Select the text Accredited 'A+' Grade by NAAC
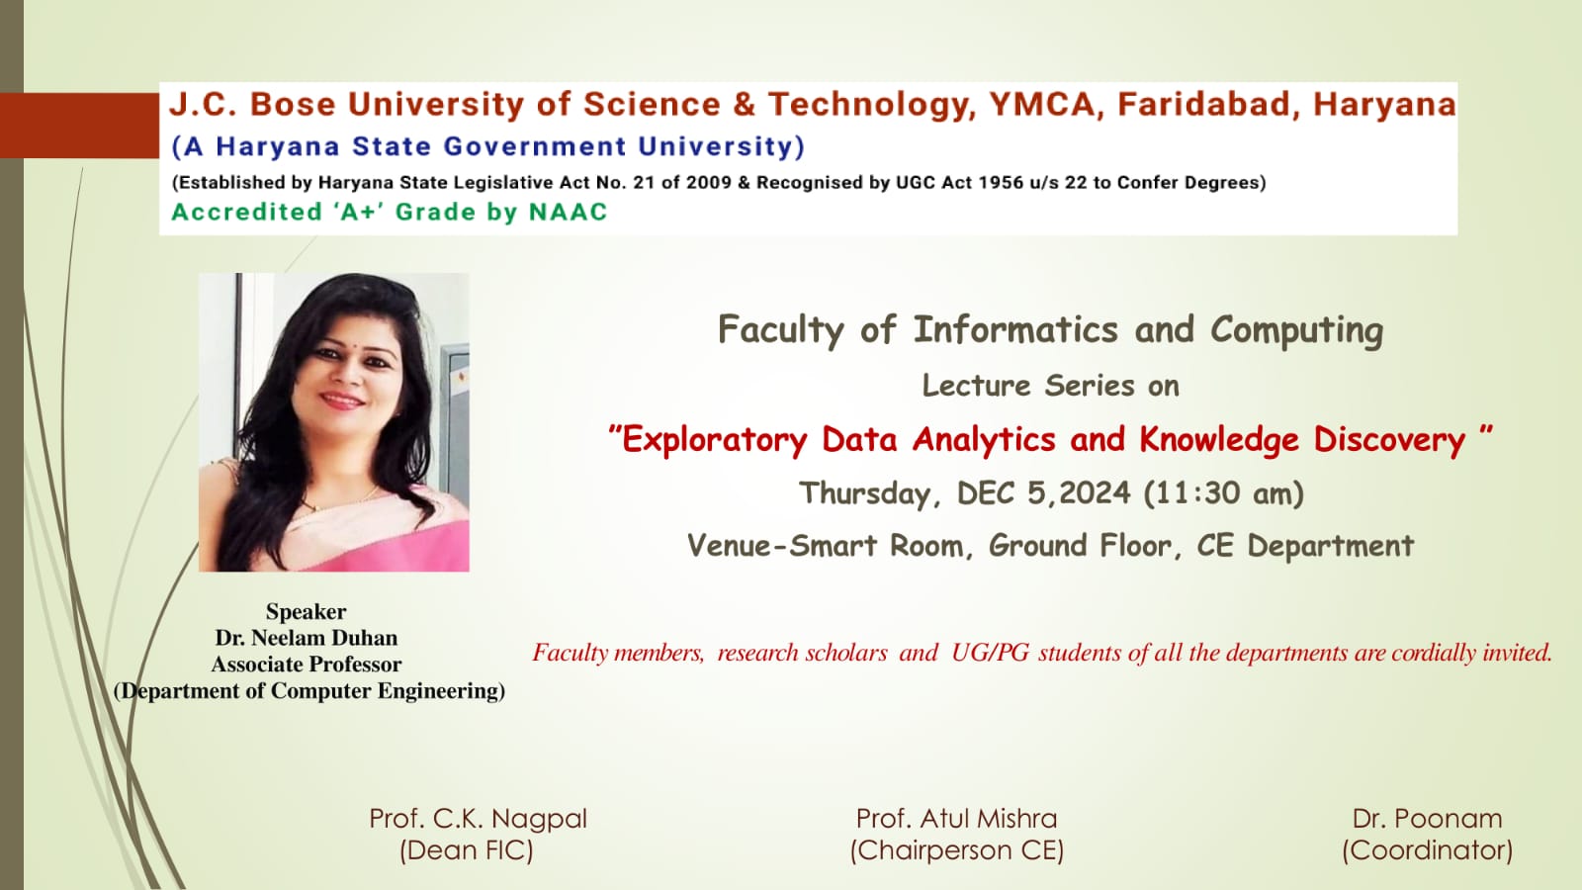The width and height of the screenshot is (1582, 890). [390, 212]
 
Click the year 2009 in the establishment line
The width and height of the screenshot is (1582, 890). [708, 182]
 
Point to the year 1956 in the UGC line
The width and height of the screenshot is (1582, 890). [1001, 182]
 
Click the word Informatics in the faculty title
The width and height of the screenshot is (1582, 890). [1015, 329]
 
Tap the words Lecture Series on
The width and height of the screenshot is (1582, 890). [1051, 386]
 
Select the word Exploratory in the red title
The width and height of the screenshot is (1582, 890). [714, 440]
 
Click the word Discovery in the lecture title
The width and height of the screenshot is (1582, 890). [1389, 440]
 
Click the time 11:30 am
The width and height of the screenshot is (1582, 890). [1223, 493]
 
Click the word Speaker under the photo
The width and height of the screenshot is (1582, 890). [306, 612]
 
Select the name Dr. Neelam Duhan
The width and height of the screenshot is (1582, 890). [307, 638]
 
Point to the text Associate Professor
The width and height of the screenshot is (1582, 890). [307, 664]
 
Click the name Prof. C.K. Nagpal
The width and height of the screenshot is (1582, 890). [479, 820]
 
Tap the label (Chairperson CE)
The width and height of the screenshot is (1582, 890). [957, 850]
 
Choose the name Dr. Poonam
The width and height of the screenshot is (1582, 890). [1428, 819]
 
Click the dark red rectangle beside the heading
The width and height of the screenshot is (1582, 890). [79, 126]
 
